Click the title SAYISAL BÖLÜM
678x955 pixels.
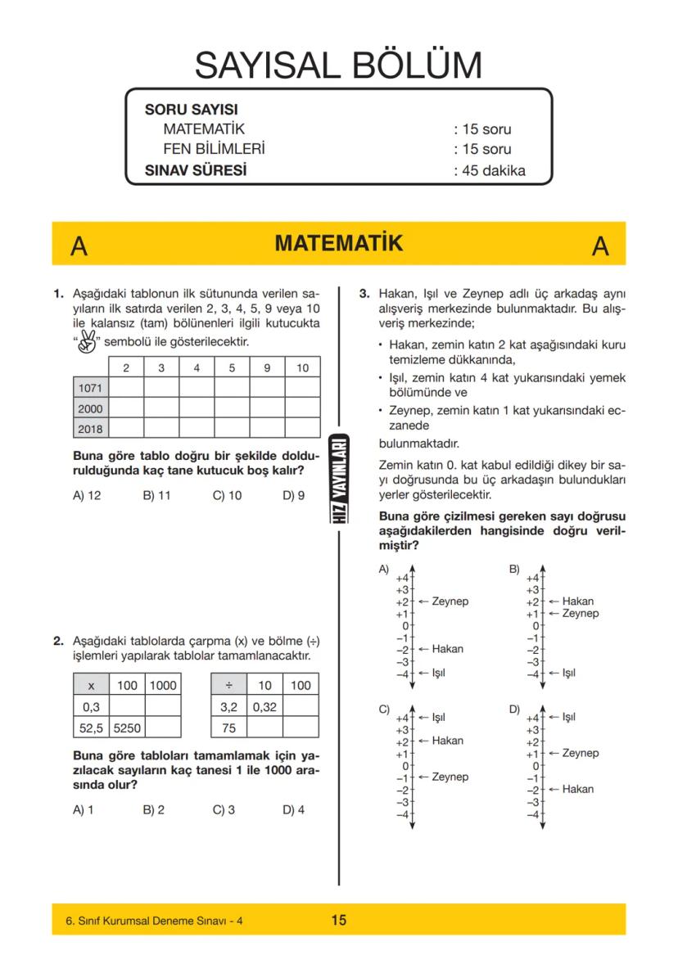tap(338, 66)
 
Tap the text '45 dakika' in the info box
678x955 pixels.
tap(489, 171)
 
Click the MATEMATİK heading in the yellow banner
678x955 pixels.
tap(339, 244)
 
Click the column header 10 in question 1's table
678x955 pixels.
tap(302, 368)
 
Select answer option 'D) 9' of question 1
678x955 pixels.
tap(293, 496)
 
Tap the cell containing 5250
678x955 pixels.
tap(127, 723)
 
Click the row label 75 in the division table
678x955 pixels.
tap(229, 723)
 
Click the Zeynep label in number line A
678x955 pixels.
tap(450, 601)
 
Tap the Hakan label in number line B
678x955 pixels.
tap(578, 601)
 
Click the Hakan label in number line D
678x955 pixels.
tap(578, 790)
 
